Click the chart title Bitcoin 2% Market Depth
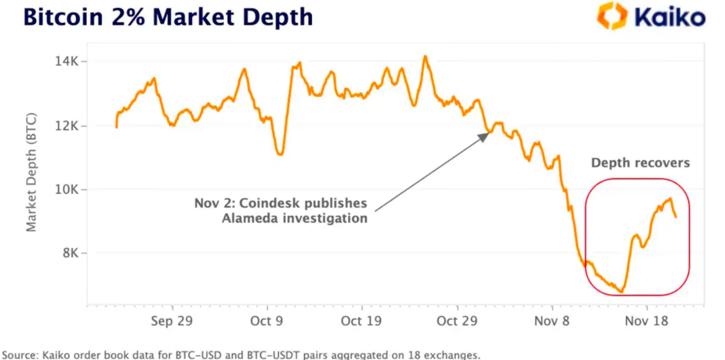coord(167,17)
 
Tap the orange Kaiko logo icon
coord(611,16)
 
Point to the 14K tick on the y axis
coord(67,62)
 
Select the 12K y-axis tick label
coord(67,126)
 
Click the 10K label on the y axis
coord(67,190)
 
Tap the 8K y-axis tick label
coord(70,254)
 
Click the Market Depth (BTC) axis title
coord(31,173)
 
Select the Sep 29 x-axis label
coord(171,321)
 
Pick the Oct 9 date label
coord(266,321)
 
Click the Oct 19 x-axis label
coord(361,321)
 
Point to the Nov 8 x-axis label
coord(552,321)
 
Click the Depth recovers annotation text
coord(640,163)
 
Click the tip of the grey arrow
coord(489,133)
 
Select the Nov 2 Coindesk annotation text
coord(280,210)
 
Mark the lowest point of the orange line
coord(621,292)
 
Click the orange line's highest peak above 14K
coord(425,56)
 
